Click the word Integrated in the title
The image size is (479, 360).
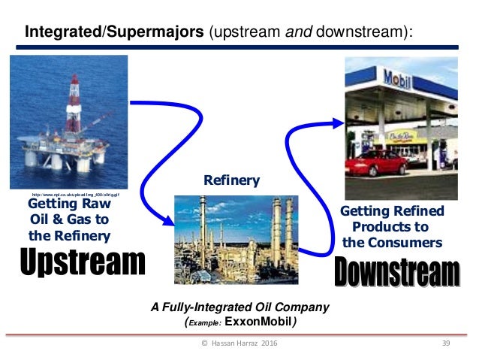click(59, 32)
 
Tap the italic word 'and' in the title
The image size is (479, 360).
click(282, 32)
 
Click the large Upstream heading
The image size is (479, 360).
click(81, 262)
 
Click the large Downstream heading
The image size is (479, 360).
click(396, 271)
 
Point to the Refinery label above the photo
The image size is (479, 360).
click(232, 180)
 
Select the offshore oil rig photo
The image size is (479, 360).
click(68, 120)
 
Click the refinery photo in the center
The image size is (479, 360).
click(236, 240)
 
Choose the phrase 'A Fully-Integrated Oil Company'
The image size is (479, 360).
click(240, 307)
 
